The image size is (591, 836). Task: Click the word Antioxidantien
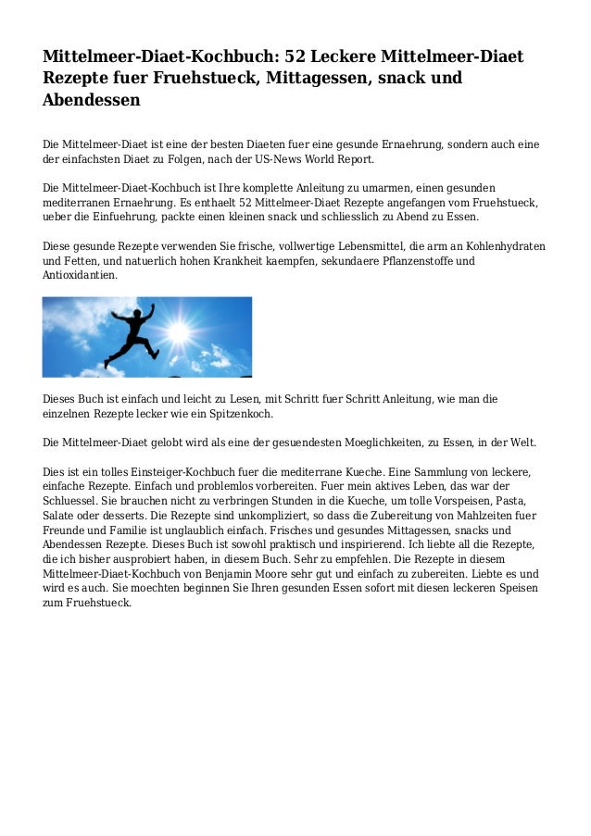[80, 275]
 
